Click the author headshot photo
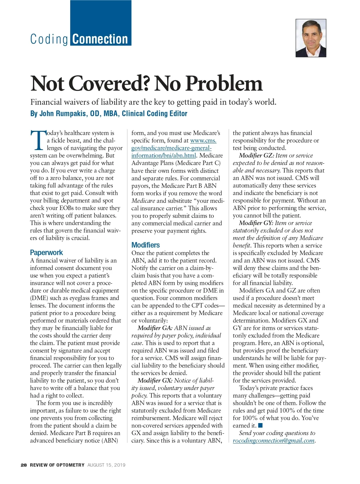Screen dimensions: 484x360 311,38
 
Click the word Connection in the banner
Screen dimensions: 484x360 100,39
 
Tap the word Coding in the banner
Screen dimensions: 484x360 49,39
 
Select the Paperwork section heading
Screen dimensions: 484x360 46,252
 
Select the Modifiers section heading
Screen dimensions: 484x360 145,245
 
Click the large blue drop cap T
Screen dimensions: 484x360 38,140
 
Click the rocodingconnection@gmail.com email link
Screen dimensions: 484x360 274,440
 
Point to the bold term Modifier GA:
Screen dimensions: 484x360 155,328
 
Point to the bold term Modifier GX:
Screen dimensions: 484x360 155,380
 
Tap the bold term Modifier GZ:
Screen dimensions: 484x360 256,155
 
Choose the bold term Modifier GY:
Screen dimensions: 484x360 256,223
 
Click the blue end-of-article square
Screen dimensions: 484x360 260,425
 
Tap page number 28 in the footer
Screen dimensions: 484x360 24,465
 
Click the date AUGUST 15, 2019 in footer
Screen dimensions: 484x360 106,465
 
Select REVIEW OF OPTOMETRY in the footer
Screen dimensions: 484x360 57,465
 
